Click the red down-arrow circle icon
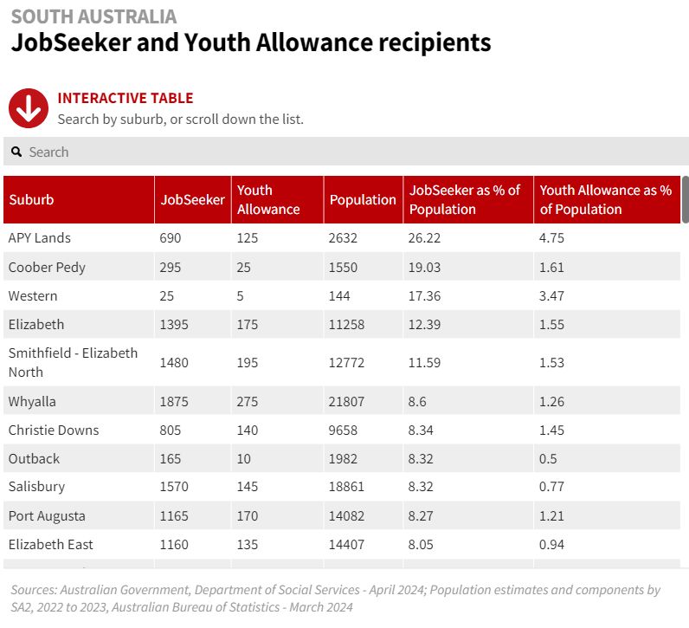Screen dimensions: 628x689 [29, 108]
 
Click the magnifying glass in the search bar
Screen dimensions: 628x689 [16, 152]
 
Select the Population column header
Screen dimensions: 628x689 [363, 200]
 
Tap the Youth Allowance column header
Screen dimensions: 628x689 [268, 200]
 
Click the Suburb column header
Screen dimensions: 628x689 [31, 200]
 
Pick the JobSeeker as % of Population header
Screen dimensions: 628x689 [465, 200]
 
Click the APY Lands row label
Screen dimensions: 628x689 [40, 238]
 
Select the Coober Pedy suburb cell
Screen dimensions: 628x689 [47, 267]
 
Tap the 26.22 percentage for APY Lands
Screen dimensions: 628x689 [425, 238]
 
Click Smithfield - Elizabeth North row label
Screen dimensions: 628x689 [73, 363]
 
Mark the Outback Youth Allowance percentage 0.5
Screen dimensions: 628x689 [548, 459]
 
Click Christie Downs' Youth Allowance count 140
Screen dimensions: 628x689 [248, 431]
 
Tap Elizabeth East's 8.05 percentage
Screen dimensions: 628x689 [422, 545]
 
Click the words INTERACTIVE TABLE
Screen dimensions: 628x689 [125, 99]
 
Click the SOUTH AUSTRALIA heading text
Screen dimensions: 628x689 [93, 16]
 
